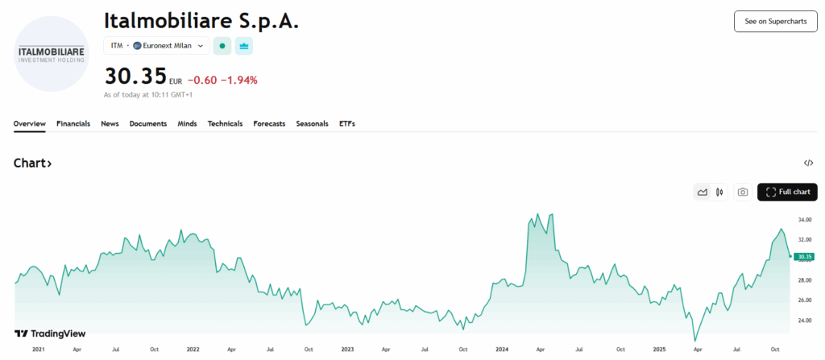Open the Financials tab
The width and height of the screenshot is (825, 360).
click(x=73, y=124)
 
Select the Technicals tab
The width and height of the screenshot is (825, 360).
click(x=225, y=124)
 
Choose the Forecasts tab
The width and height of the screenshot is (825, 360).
click(x=269, y=124)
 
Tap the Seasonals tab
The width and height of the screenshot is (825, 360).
click(x=312, y=124)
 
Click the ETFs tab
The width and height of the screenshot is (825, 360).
click(x=347, y=124)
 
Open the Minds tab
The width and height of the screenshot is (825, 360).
click(x=187, y=124)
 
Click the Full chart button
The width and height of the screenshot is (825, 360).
click(x=787, y=192)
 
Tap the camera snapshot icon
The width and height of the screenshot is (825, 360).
click(x=743, y=192)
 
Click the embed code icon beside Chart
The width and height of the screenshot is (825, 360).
click(x=808, y=163)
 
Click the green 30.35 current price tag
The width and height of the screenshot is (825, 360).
click(x=804, y=257)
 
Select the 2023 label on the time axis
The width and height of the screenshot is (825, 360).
click(x=347, y=350)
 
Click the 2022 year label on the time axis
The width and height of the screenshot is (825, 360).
click(x=193, y=350)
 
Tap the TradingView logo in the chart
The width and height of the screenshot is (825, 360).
click(x=50, y=333)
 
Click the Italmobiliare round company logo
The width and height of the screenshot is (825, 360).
click(x=52, y=53)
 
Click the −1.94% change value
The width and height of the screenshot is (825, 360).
click(x=242, y=80)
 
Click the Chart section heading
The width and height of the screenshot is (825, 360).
click(x=33, y=163)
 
